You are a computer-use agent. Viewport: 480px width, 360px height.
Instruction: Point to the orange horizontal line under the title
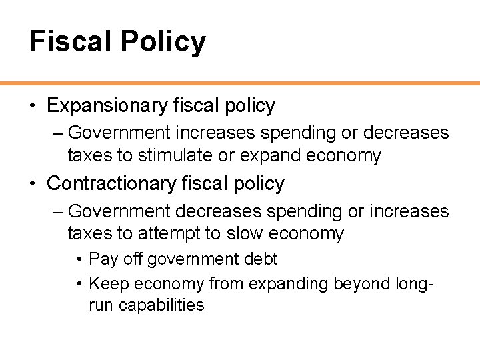tap(240, 83)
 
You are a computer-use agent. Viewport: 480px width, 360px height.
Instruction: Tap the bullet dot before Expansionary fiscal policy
tap(33, 106)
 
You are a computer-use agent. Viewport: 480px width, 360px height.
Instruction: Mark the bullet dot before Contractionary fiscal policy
tap(33, 183)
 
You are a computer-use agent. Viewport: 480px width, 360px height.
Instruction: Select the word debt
tap(261, 259)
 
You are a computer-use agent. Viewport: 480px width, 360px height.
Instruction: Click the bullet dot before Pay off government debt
tap(79, 259)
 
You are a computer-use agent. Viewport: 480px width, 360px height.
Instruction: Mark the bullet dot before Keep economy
tap(79, 284)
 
